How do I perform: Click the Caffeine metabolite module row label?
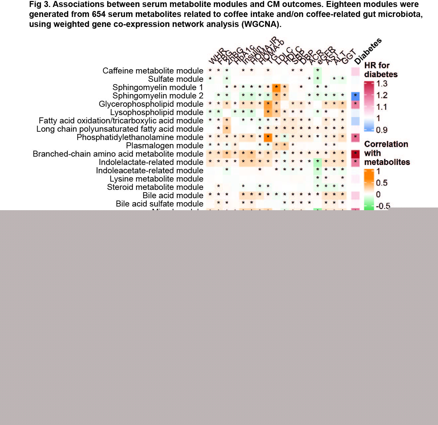[153, 71]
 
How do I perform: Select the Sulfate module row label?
[175, 79]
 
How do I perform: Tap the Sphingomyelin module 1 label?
[158, 87]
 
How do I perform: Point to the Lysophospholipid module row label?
[157, 112]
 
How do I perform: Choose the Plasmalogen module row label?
[164, 146]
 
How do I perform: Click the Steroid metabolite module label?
[155, 187]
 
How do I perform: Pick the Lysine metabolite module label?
[156, 179]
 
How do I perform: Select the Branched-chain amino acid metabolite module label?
[118, 154]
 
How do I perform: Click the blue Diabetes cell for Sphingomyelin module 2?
[355, 96]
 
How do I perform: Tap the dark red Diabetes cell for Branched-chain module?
[355, 154]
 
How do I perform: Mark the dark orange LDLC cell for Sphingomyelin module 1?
[276, 88]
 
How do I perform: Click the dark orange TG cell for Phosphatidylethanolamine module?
[268, 137]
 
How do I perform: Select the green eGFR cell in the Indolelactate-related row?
[318, 162]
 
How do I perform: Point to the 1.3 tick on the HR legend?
[382, 84]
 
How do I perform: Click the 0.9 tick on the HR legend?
[382, 130]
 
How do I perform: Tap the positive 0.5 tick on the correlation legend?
[382, 183]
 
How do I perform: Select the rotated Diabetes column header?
[368, 51]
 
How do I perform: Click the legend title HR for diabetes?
[381, 70]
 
